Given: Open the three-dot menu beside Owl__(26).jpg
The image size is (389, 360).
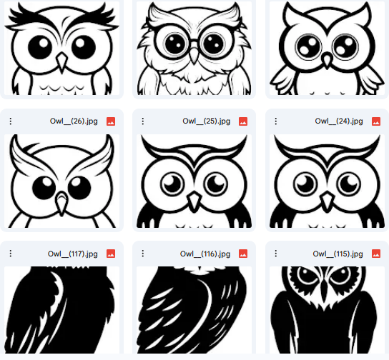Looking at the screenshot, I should [x=11, y=121].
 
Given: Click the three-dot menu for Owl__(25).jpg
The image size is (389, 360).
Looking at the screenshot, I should [x=143, y=121].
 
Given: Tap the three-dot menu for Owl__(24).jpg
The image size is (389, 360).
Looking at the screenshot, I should [x=275, y=121].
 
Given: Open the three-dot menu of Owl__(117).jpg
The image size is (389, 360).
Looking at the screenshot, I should [x=11, y=253].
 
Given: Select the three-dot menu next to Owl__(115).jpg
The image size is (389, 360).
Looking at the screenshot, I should [x=275, y=253].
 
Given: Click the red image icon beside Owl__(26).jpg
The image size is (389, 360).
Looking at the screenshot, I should [x=111, y=121].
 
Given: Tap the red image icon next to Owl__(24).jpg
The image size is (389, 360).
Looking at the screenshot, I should [x=376, y=121].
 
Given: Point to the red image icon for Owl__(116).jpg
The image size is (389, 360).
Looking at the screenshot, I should [x=243, y=253].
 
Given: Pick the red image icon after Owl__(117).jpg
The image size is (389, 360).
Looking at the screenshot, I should [x=111, y=253].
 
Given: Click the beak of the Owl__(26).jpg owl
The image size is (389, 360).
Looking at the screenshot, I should [x=62, y=203].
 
